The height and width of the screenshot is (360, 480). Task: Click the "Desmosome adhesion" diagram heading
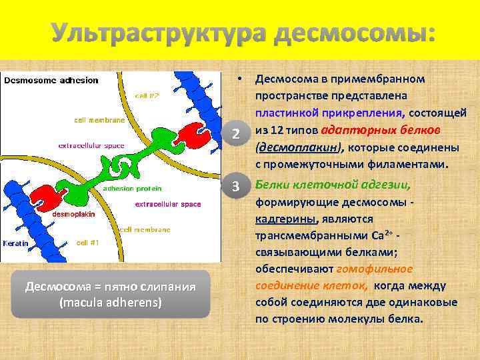(x=52, y=81)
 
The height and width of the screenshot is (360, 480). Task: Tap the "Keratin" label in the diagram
(x=15, y=243)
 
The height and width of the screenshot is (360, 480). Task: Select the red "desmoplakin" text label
(x=74, y=215)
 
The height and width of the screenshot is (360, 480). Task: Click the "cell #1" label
(x=88, y=243)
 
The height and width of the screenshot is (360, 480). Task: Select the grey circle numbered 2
(x=235, y=134)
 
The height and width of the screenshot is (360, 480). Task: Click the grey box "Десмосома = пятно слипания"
(x=110, y=294)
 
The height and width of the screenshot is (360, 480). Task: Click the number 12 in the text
(x=275, y=131)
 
